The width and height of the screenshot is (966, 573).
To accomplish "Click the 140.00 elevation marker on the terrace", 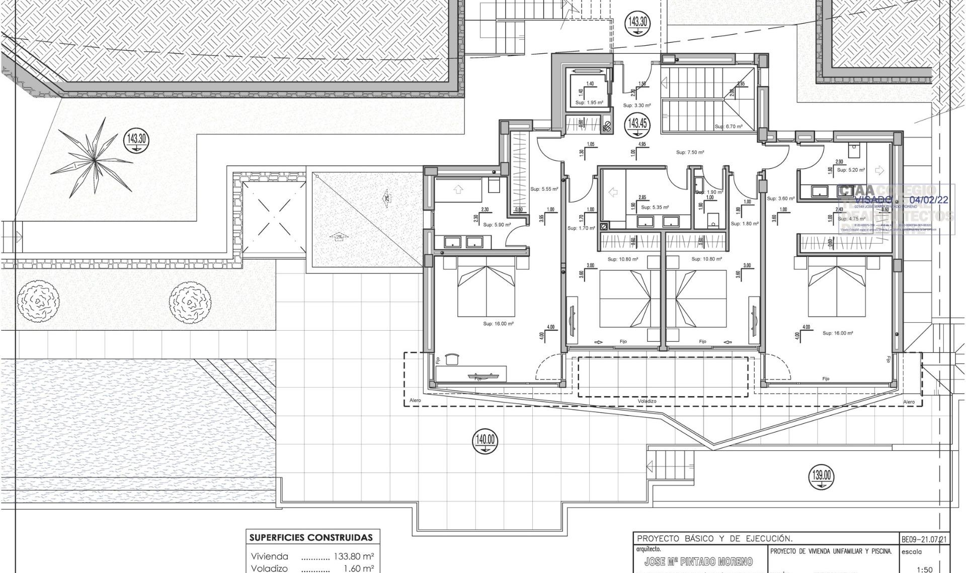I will click(x=485, y=441).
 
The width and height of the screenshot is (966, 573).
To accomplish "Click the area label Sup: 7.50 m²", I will click(x=690, y=152).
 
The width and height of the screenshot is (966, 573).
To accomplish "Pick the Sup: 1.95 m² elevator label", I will click(x=589, y=103).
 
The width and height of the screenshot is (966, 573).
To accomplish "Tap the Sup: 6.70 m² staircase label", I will click(x=728, y=127).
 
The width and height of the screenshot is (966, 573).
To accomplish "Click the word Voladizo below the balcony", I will click(x=647, y=401).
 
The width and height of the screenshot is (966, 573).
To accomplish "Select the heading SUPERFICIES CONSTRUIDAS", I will click(x=311, y=537).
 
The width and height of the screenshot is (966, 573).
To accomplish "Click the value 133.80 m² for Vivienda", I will click(x=354, y=556).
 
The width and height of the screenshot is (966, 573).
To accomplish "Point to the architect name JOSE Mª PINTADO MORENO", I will click(x=698, y=562).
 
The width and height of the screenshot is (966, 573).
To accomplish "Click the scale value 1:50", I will click(x=924, y=569).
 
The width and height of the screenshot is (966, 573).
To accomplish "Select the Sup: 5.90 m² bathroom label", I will click(x=497, y=225).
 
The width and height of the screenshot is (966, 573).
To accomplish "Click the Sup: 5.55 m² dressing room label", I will click(x=544, y=189).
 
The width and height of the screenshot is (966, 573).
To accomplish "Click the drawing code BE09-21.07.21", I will click(x=924, y=539).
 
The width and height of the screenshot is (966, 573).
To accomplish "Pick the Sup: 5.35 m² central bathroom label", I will click(x=655, y=207).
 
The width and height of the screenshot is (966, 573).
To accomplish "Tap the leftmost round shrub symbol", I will click(x=38, y=302).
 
